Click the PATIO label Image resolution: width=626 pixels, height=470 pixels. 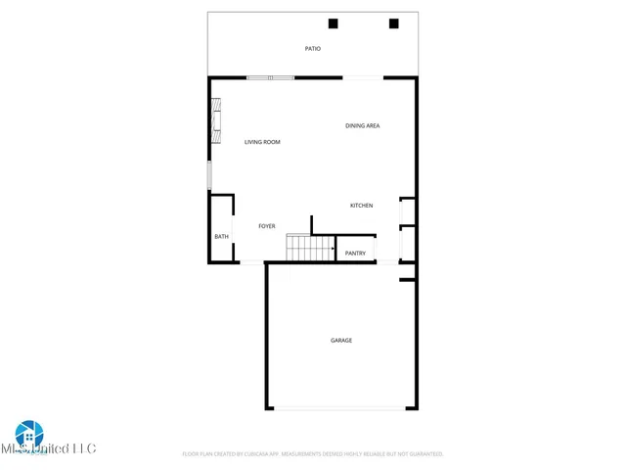312,48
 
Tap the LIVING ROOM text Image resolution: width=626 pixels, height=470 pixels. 262,142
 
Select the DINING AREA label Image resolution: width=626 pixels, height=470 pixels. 362,125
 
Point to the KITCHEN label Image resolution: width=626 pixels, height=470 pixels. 362,205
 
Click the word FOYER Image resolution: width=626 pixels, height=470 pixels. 266,226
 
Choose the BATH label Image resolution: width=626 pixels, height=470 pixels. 221,236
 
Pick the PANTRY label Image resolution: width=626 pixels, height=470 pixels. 355,254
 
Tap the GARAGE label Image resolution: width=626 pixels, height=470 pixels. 340,340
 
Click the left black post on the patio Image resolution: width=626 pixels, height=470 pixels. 333,23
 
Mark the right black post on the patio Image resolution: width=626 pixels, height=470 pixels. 394,23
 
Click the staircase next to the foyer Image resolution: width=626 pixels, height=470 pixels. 298,248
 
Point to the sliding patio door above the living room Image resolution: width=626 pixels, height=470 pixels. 270,77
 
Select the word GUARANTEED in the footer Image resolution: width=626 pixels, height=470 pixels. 420,454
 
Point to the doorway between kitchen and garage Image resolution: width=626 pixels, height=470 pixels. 387,262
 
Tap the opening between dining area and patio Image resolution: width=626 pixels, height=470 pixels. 362,77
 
